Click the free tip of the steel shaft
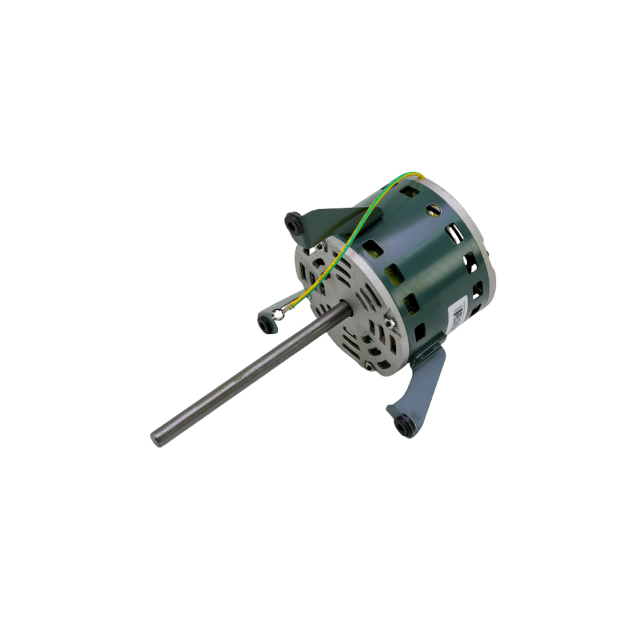(157, 439)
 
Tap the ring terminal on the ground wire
(275, 317)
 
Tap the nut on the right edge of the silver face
(388, 323)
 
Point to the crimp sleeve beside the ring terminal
(291, 306)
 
